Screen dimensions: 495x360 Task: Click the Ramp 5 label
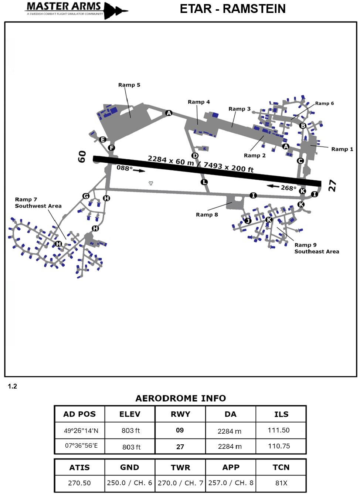coord(129,85)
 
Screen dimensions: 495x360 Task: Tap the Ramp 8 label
coord(207,215)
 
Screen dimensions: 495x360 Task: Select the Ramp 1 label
coord(342,149)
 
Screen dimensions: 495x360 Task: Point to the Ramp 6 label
coord(324,104)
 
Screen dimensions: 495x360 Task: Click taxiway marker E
coord(103,139)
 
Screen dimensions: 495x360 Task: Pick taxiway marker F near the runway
coord(111,148)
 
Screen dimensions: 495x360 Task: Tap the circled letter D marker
coord(195,156)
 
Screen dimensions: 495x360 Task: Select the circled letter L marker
coord(204,182)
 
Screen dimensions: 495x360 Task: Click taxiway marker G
coord(86,196)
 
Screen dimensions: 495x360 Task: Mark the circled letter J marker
coord(248,221)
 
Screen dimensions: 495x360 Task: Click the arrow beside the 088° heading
coord(139,170)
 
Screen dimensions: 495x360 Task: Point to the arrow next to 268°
coord(273,186)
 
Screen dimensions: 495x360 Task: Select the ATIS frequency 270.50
coord(79,483)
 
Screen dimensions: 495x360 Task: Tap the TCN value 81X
coord(281,483)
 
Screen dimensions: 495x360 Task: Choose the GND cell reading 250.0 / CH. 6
coord(129,483)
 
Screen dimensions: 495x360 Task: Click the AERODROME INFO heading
coord(180,399)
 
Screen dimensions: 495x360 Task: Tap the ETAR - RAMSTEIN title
coord(232,9)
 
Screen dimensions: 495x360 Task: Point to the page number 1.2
coord(13,386)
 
